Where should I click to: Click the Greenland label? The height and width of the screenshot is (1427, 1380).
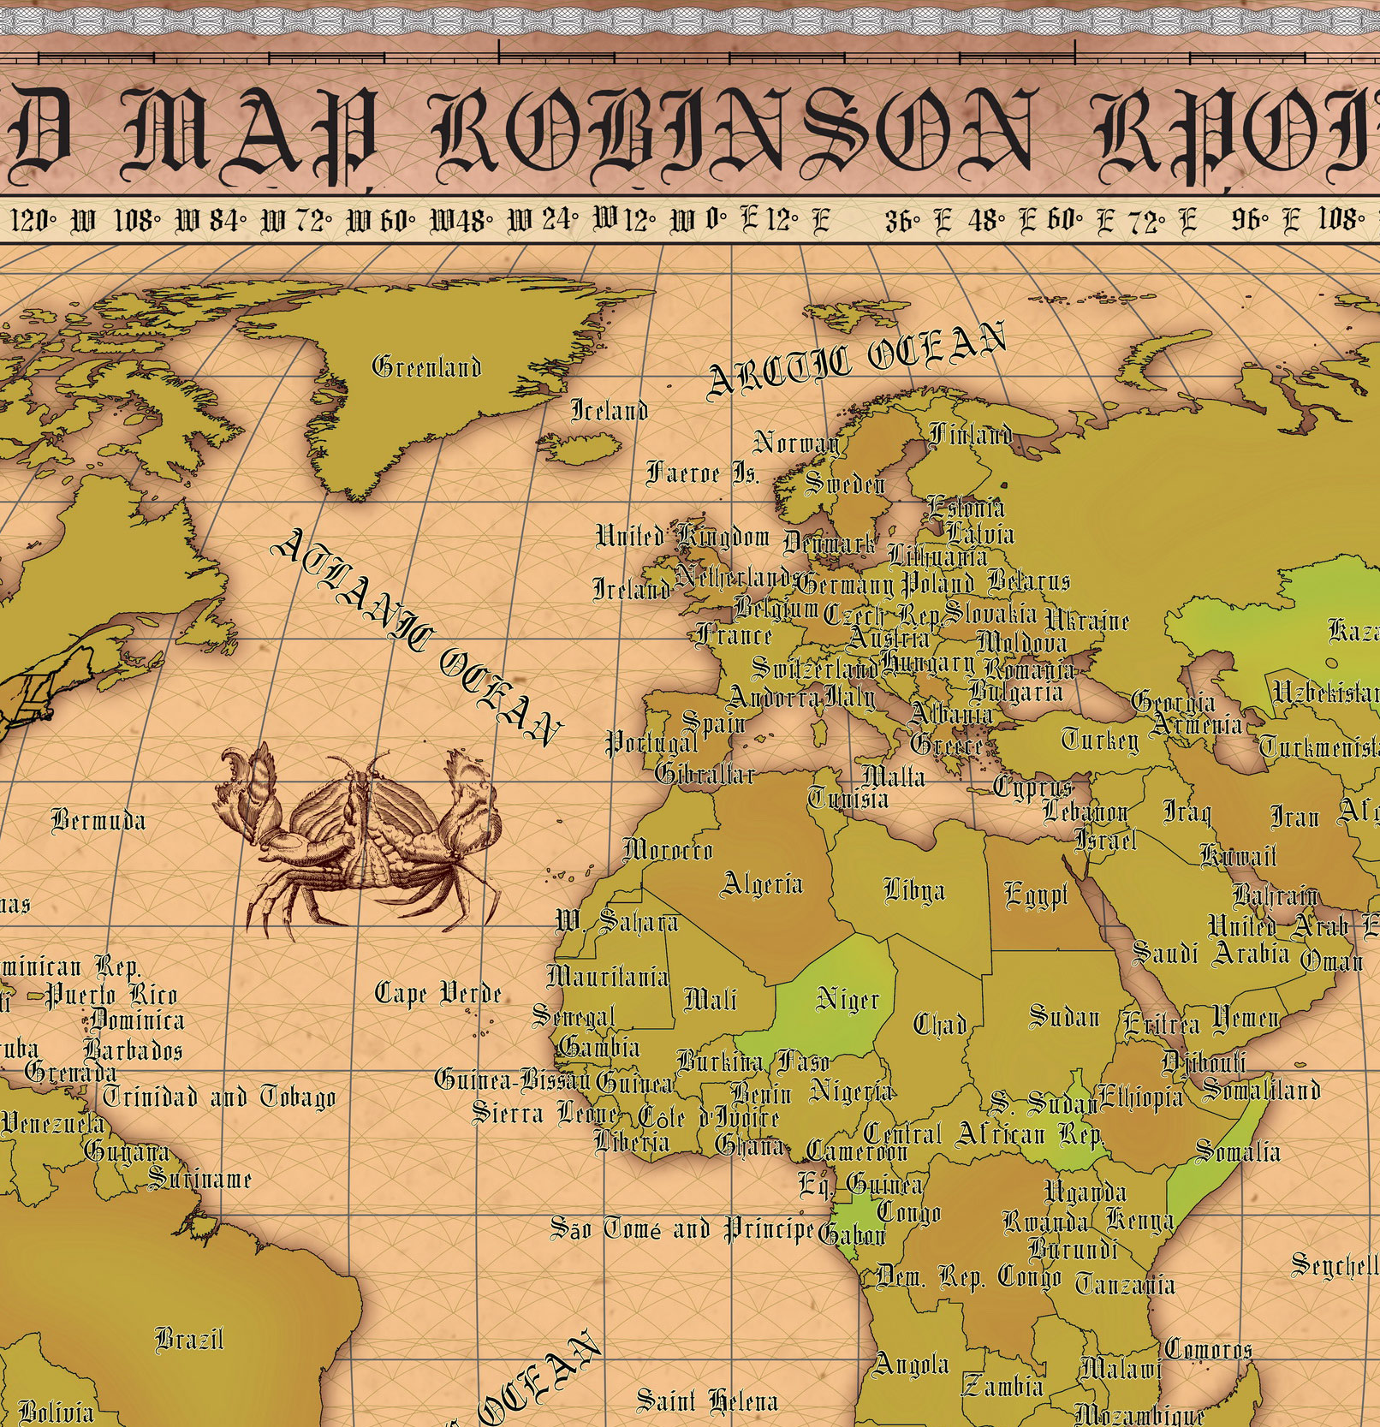point(426,367)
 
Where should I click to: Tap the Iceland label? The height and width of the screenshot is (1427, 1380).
point(609,411)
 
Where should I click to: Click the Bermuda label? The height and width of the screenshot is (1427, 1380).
point(98,821)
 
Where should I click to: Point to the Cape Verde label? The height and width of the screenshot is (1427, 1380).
point(437,993)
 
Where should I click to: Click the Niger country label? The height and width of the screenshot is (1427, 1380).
point(848,999)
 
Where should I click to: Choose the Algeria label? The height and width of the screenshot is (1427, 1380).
point(762,883)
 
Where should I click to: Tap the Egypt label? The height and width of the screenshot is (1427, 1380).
point(1036,895)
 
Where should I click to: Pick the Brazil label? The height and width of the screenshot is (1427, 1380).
point(189,1338)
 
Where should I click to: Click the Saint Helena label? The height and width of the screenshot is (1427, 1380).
point(707,1401)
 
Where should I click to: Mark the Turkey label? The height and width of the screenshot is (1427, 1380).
point(1100,739)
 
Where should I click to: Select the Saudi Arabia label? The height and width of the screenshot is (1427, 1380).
point(1210,952)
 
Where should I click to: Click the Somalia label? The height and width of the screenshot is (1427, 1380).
point(1237,1151)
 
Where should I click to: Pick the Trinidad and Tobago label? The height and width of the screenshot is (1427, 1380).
point(219,1097)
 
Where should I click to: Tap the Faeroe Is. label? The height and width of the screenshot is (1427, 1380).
point(703,473)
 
